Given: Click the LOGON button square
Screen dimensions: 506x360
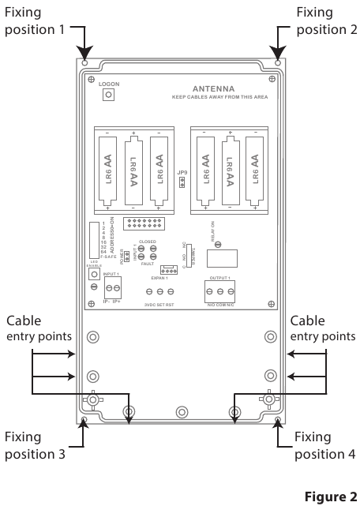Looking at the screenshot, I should [x=109, y=95].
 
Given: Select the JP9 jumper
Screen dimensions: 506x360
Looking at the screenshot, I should [x=181, y=183].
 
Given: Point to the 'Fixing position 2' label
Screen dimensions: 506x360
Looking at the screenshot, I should [x=324, y=22].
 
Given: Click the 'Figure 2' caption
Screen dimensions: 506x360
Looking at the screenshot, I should [x=330, y=497].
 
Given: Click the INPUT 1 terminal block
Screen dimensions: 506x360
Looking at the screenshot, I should [x=113, y=286].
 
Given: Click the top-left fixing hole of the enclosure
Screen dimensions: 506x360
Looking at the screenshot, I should [x=84, y=62].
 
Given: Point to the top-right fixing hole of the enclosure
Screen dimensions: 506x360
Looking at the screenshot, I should [x=276, y=62].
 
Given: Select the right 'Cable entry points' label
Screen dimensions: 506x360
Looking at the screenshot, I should [x=323, y=329].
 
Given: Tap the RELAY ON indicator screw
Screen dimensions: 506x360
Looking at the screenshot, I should [x=218, y=245].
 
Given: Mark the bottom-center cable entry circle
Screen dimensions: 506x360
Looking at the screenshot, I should [x=181, y=411].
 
